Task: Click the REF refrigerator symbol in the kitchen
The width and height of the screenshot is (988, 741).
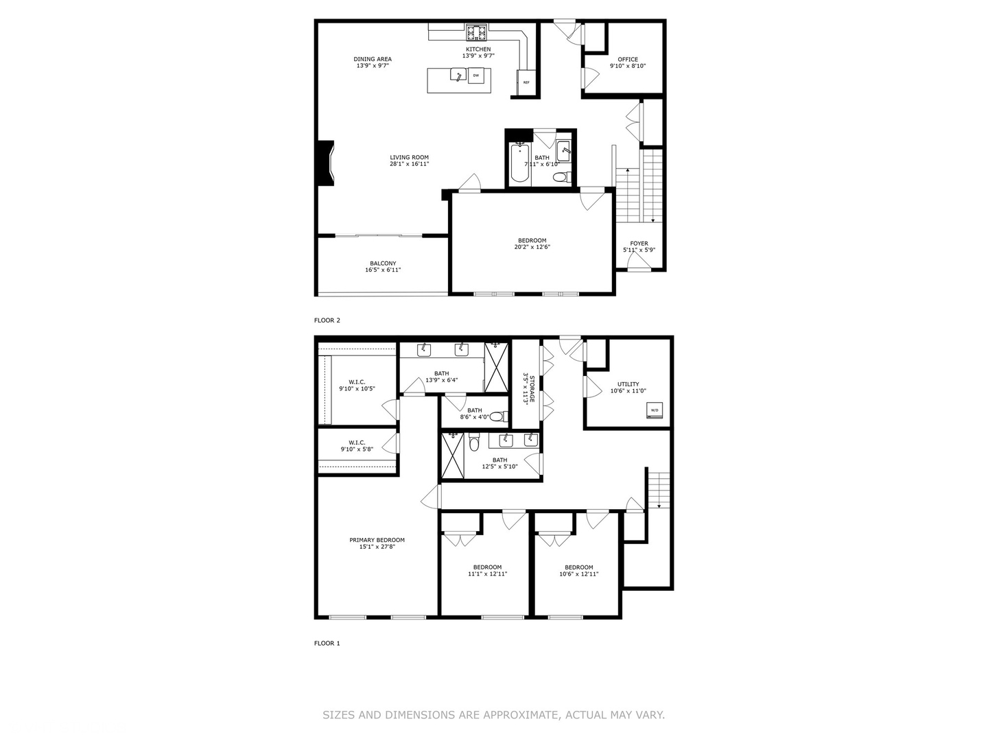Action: point(526,82)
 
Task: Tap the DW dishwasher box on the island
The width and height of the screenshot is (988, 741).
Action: point(476,75)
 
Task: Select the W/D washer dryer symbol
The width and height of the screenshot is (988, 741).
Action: point(654,411)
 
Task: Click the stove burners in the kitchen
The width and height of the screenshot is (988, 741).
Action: point(477,32)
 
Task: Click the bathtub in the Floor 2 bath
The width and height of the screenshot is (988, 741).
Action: point(519,163)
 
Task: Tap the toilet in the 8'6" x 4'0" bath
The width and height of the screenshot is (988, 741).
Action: point(496,416)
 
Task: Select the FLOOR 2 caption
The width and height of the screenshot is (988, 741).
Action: point(327,320)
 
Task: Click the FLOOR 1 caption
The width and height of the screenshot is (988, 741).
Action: point(327,644)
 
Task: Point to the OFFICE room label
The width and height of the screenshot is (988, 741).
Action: point(628,60)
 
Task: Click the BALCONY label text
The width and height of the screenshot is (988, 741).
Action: point(383,263)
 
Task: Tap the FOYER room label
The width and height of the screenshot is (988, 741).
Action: point(639,244)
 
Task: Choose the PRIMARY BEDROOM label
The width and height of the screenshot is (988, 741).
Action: point(377,540)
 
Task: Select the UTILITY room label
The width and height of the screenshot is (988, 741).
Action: point(628,384)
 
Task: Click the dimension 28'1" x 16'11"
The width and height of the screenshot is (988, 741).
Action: point(410,164)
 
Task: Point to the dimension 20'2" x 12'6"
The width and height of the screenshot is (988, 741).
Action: point(532,247)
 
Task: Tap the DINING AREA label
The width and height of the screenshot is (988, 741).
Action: point(373,59)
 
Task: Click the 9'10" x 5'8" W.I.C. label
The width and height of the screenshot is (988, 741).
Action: point(357,449)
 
